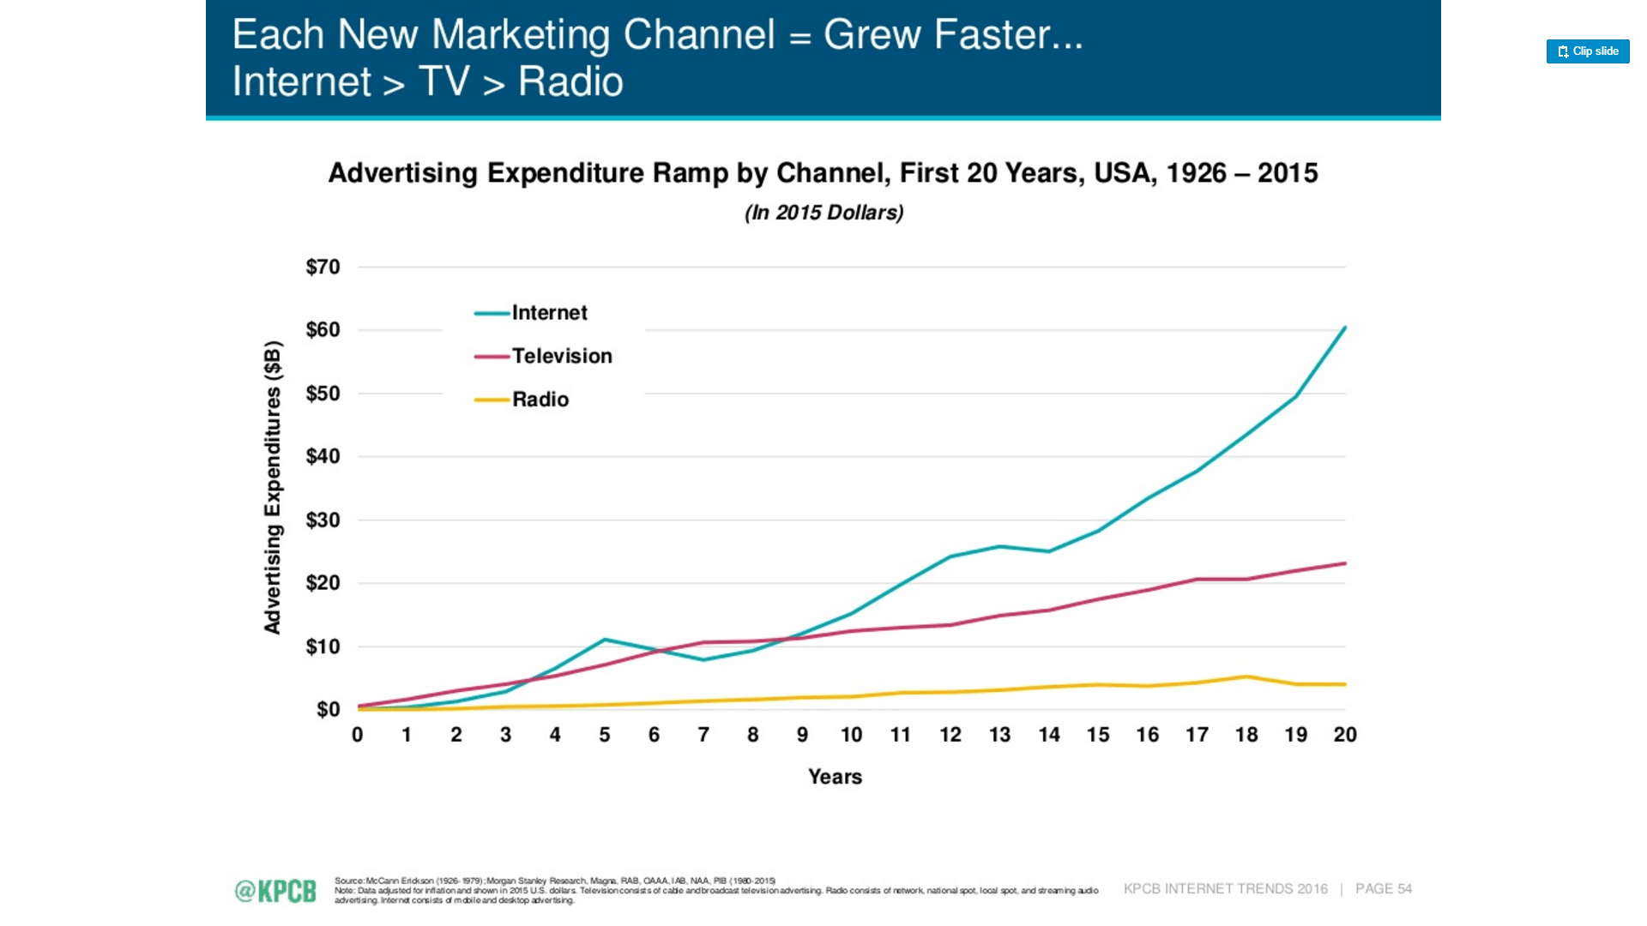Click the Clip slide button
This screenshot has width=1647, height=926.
click(1587, 51)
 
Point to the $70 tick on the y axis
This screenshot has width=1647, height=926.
click(323, 267)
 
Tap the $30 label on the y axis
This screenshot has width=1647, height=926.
click(323, 520)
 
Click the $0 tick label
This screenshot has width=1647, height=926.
click(328, 709)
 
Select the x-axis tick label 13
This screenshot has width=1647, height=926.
click(999, 735)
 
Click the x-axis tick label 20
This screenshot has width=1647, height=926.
click(1344, 735)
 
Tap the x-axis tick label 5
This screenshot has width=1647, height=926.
click(604, 735)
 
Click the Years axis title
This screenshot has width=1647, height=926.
click(835, 777)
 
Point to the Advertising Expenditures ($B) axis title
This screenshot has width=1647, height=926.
click(273, 487)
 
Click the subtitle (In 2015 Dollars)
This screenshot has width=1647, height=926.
click(823, 213)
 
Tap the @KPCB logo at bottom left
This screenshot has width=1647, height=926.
click(275, 891)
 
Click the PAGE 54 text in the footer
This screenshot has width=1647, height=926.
click(1383, 889)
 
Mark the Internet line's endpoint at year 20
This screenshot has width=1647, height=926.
click(1344, 328)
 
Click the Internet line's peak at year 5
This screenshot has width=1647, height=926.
click(605, 640)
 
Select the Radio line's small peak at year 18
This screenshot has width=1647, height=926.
click(1246, 676)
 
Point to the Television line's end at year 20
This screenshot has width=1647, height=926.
click(1344, 563)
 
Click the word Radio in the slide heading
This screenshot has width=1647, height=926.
click(570, 82)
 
